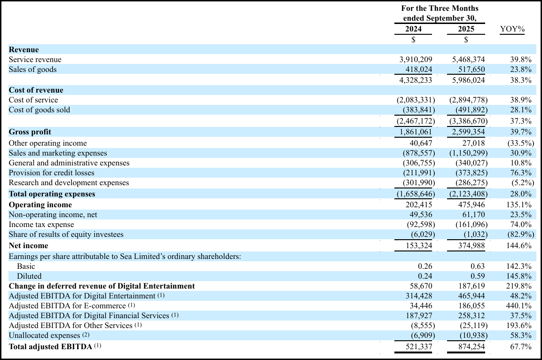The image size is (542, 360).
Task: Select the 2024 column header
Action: (x=413, y=29)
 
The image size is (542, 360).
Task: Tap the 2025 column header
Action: (x=466, y=29)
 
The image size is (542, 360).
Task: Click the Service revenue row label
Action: (x=35, y=60)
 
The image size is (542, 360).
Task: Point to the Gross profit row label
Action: (x=30, y=132)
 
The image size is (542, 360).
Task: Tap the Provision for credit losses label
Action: (x=52, y=173)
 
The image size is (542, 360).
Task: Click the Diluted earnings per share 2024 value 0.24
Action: (x=424, y=276)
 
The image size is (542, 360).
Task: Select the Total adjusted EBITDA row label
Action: (x=51, y=347)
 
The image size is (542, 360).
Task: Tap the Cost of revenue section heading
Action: (x=36, y=90)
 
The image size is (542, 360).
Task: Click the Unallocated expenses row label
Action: (x=45, y=336)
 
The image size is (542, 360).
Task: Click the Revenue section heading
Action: (x=24, y=50)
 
